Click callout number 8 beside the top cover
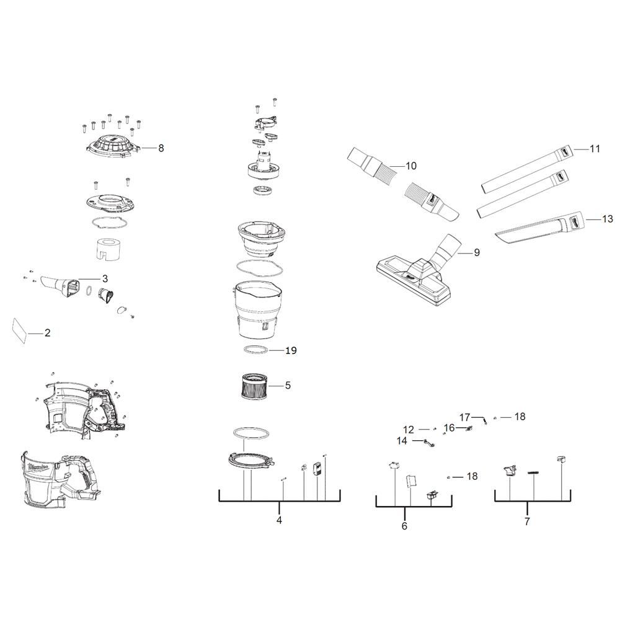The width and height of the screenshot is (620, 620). coord(161,148)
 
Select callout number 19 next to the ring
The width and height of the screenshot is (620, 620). coord(291,350)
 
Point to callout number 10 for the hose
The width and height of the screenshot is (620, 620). coord(411,166)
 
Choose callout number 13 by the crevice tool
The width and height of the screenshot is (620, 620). coord(608,219)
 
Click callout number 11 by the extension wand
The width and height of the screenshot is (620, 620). coord(595,149)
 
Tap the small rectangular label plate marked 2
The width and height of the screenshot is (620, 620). coord(20,330)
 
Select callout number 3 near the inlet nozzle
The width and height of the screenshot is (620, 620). coord(105,279)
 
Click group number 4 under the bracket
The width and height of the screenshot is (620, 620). coord(279,520)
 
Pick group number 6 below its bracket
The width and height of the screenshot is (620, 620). coord(404,526)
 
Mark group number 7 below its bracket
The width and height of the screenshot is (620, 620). coord(527,521)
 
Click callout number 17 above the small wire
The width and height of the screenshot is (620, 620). coord(464,417)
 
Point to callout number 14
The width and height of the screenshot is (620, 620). coord(402,440)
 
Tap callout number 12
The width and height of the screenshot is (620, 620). coord(409,430)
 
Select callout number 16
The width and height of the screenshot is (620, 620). coord(449,428)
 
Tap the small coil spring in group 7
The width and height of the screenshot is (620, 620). coord(534,473)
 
